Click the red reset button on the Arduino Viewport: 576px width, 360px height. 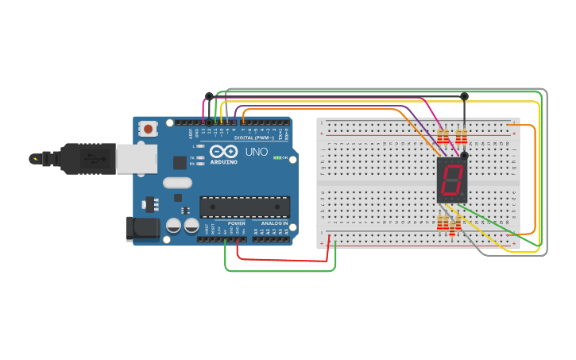coord(148,128)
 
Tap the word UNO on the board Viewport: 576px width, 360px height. coord(256,151)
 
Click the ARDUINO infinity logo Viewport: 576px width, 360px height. coord(224,151)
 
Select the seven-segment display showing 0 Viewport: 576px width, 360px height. coord(452,179)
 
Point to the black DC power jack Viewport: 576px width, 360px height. coord(142,228)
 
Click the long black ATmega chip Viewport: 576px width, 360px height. coord(242,207)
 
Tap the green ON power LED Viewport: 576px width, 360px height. coord(275,157)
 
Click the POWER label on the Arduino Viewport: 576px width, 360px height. coord(237,223)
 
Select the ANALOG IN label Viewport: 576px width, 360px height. coord(269,223)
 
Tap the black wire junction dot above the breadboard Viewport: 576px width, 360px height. coord(465,96)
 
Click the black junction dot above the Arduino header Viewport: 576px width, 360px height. coord(209,96)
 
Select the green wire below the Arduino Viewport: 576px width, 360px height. coord(278,271)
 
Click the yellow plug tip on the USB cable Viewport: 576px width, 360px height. coord(33,158)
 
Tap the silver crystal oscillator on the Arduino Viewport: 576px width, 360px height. coord(178,183)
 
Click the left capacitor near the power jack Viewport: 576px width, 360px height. coord(173,226)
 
